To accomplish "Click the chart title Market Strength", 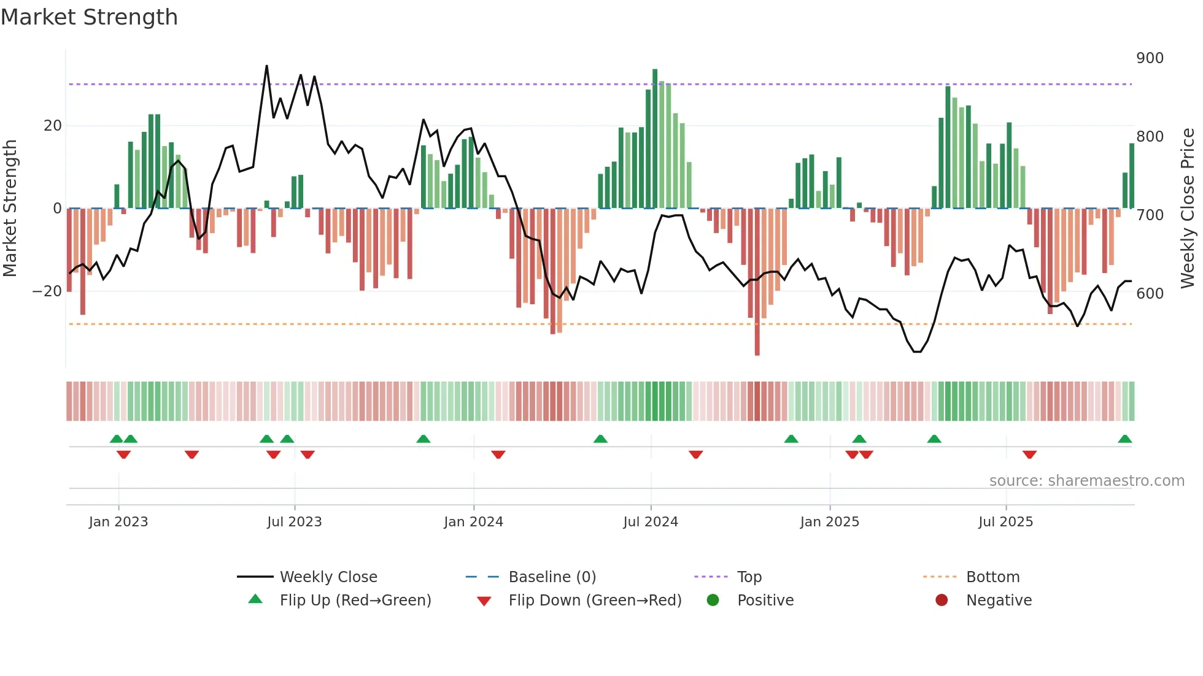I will click(89, 17).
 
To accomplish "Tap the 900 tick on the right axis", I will click(1150, 58).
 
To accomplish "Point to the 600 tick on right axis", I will click(1150, 294).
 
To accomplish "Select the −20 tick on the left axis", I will click(47, 291).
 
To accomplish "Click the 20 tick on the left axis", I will click(53, 126).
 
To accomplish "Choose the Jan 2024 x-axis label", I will click(473, 522).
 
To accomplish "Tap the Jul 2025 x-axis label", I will click(1005, 522).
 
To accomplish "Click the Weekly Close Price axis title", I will click(1188, 209).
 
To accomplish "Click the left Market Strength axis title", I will click(10, 209).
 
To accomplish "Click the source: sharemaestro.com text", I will click(1086, 481).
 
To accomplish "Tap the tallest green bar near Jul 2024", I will click(655, 138).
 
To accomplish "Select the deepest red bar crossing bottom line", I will click(757, 282).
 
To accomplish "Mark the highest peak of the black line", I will click(266, 66).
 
